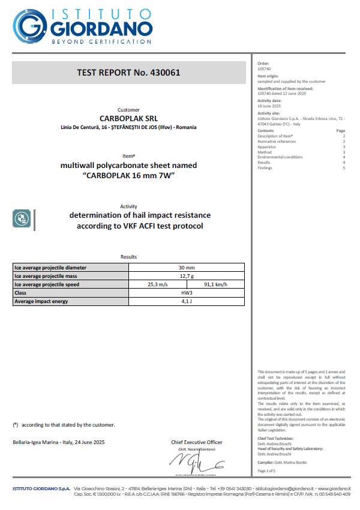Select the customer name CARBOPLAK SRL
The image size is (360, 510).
(x=128, y=118)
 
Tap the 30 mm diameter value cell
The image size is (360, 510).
(x=187, y=268)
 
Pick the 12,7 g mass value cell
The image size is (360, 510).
(x=187, y=276)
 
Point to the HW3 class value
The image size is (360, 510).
(x=187, y=293)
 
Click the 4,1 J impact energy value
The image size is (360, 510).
(x=187, y=301)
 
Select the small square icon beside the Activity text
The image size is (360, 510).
(x=22, y=218)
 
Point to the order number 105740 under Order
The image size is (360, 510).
(x=263, y=68)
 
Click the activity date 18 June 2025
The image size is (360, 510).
(x=268, y=106)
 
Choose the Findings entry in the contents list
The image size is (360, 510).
(x=265, y=168)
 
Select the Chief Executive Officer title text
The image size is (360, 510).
(x=196, y=442)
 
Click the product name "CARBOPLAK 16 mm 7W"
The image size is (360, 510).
(x=128, y=175)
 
